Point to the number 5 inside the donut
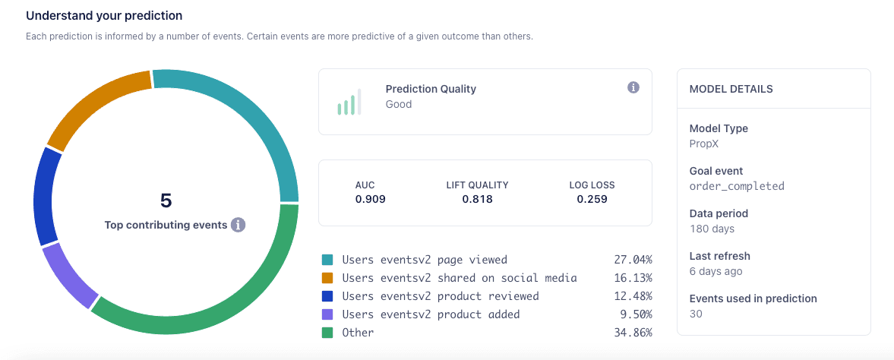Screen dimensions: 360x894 pos(166,201)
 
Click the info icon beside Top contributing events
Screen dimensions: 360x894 pos(238,225)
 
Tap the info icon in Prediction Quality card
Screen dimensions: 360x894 pos(633,88)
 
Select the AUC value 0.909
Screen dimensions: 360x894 pos(370,200)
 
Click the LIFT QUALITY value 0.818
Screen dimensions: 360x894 pos(477,200)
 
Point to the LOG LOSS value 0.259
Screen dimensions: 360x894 pos(592,200)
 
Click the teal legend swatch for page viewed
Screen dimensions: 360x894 pos(327,260)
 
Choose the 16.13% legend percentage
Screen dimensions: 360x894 pos(633,278)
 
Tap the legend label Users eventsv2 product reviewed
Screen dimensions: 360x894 pos(440,296)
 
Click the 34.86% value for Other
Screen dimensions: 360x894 pos(633,333)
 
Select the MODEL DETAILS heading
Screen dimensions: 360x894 pos(731,89)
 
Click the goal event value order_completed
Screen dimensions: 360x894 pos(736,186)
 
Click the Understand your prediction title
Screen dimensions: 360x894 pos(104,15)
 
